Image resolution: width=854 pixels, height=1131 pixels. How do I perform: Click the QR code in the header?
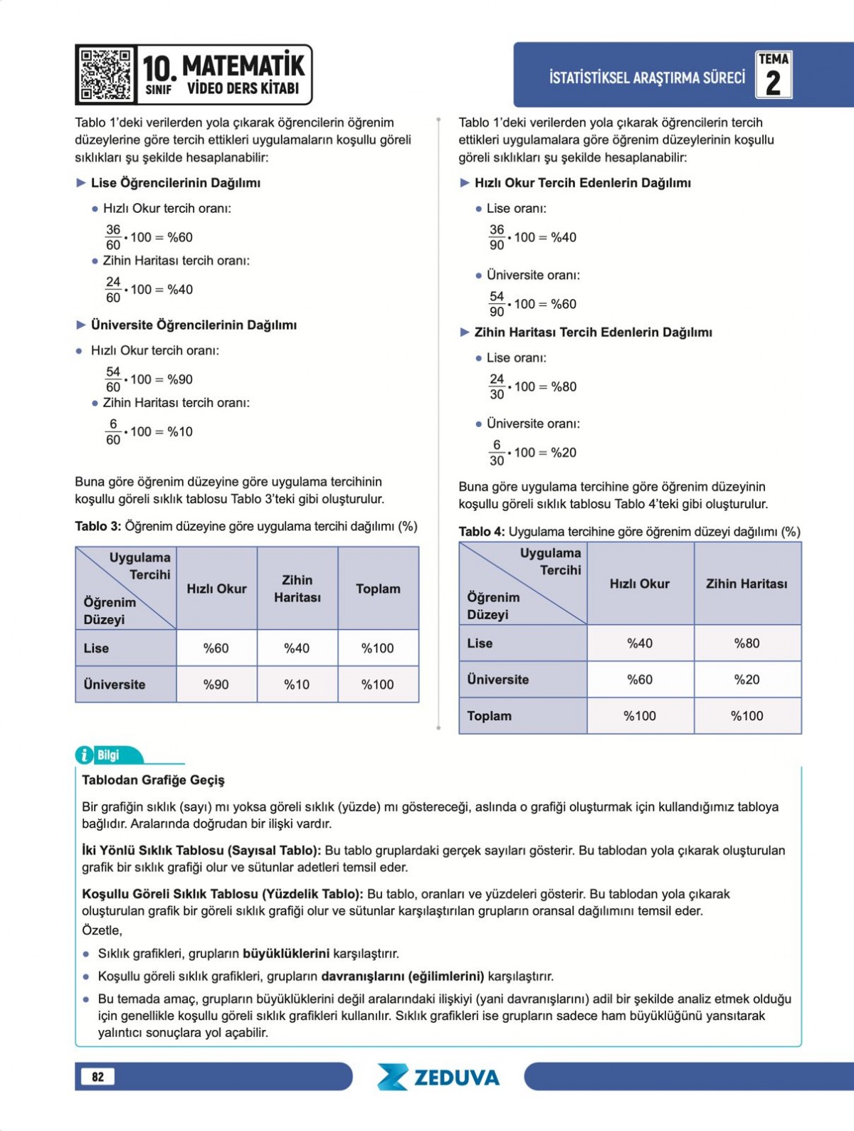tap(105, 74)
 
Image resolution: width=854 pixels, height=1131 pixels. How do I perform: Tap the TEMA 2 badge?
tap(773, 74)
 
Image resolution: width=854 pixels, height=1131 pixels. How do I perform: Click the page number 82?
tap(97, 1077)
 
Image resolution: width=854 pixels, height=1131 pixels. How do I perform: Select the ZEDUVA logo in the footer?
tap(438, 1077)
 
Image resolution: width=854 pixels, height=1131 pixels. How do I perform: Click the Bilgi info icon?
tap(84, 755)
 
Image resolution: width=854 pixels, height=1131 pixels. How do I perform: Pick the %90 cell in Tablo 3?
tap(216, 684)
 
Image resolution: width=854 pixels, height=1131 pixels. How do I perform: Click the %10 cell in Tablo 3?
tap(297, 684)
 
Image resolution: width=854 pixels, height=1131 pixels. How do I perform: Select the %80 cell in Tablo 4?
tap(747, 643)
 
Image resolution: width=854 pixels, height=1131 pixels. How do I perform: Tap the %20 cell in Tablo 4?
tap(747, 680)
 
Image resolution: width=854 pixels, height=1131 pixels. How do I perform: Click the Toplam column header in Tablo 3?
tap(378, 589)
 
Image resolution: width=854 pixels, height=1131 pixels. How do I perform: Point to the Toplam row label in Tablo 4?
tap(490, 716)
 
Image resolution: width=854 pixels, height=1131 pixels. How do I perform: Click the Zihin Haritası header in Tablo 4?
tap(747, 584)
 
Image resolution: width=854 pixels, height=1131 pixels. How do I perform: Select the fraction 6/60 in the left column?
tap(113, 432)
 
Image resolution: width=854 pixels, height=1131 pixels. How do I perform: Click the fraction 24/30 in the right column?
tap(497, 386)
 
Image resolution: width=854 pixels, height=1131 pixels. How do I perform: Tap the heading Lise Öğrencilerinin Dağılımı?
tap(175, 183)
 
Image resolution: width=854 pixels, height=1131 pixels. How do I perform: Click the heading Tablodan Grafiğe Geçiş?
tap(153, 780)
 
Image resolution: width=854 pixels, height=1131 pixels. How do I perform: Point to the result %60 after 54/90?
tap(564, 304)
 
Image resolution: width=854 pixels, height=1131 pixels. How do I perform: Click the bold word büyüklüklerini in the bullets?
tap(286, 954)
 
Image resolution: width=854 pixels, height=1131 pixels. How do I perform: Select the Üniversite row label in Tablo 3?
tap(115, 684)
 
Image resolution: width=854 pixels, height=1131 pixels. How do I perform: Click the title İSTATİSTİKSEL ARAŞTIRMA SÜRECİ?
tap(647, 78)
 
